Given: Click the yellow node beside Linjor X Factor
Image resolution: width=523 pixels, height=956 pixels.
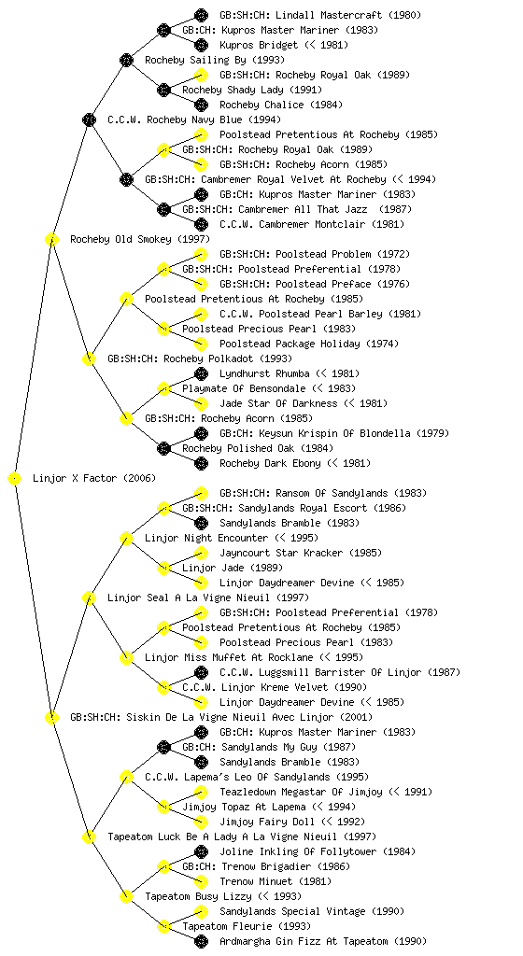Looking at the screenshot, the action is coord(15,478).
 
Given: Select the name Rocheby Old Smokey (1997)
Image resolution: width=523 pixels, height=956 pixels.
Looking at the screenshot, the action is coord(139,239).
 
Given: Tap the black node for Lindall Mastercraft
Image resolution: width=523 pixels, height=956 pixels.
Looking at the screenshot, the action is coord(201,15).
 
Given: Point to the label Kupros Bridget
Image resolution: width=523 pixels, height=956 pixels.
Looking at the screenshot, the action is coord(259,45).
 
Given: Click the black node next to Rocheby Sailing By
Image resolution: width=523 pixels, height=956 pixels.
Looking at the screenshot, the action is coord(126,60).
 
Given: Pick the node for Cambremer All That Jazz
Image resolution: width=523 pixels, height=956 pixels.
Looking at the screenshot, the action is coord(163,209).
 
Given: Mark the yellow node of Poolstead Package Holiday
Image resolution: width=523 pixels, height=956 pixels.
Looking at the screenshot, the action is coord(201,344).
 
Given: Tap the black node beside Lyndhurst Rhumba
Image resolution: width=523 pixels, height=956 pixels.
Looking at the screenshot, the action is coord(201,373).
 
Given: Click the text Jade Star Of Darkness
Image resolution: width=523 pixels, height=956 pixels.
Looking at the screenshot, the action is coord(278,403).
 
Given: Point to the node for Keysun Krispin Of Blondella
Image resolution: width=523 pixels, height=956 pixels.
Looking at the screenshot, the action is coord(201,433).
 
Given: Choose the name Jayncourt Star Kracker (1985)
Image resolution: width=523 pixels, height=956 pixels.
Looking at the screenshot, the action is coord(301,553).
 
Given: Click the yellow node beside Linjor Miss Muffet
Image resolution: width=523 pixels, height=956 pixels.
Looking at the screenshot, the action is coord(126,657).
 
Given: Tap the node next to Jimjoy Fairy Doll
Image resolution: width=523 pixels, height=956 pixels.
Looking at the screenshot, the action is coord(201,822).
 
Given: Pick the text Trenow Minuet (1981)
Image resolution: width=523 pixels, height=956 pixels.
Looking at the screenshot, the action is coord(276,881).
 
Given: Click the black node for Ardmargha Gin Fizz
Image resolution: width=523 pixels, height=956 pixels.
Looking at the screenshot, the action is coord(201,941).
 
